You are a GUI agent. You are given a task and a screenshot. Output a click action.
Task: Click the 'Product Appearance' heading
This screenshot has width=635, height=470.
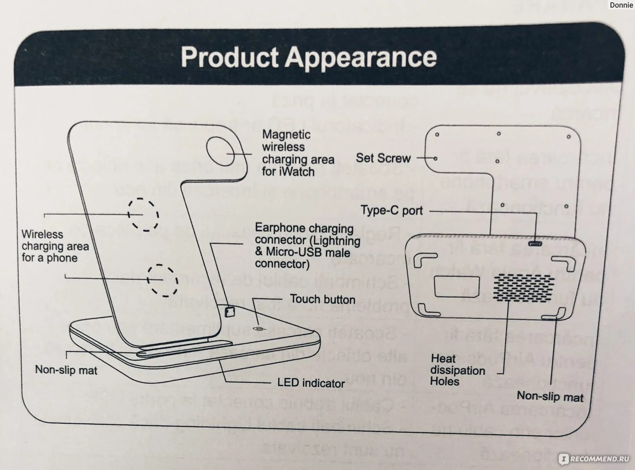point(309,57)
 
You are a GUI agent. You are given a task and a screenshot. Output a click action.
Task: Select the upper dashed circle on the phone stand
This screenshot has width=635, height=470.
point(143,214)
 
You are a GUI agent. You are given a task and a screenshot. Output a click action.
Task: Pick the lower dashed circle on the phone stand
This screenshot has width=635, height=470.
point(162,280)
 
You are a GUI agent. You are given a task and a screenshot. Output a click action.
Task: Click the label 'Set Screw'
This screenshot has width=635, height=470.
point(383,158)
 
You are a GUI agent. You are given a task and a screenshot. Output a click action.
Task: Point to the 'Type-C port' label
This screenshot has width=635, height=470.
point(392,211)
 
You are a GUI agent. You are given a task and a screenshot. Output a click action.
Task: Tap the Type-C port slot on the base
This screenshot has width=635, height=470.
point(535,244)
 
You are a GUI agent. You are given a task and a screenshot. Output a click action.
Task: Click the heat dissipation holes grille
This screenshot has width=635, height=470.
point(524,287)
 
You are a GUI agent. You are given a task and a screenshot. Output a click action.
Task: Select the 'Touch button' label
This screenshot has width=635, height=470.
point(322,300)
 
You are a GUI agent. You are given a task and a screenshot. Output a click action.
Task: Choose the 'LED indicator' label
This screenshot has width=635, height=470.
point(311,383)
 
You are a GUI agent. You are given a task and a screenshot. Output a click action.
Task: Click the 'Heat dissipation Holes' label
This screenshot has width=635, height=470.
point(457,370)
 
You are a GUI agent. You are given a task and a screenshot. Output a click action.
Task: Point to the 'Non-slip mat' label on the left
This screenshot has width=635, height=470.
point(66,370)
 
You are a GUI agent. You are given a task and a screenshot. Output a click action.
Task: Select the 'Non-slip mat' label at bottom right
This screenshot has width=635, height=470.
point(550,397)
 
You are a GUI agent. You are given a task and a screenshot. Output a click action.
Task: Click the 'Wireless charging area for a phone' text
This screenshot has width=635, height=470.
point(55,246)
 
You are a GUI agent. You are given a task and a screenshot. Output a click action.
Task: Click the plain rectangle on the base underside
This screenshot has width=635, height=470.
point(457,286)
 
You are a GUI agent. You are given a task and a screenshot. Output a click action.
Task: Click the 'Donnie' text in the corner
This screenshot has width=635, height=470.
point(621,5)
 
